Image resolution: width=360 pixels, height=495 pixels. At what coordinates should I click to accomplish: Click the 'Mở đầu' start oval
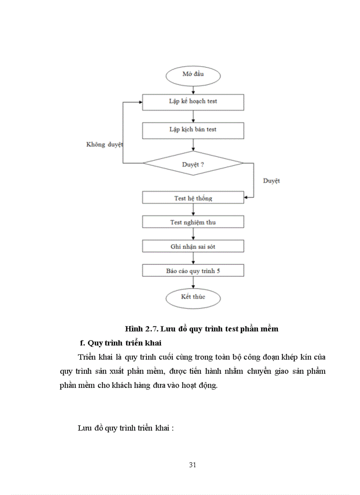point(193,74)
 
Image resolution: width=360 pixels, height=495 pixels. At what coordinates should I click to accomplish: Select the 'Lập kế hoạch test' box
point(193,101)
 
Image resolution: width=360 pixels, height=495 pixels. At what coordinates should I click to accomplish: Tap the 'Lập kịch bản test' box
point(193,130)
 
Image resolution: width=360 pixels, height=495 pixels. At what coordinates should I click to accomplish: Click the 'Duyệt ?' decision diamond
point(193,164)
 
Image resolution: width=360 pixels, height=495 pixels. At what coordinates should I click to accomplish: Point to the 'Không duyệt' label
point(104,145)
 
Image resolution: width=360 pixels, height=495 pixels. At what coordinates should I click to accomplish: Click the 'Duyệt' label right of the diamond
point(271,181)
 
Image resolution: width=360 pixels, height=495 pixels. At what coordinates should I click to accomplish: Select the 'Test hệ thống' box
point(193,198)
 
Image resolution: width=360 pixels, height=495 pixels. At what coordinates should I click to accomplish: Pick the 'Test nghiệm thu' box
point(193,222)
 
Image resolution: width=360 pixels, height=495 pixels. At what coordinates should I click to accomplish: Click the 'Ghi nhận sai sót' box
point(193,246)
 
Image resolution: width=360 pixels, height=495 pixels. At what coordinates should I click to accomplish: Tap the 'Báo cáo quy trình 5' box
point(193,271)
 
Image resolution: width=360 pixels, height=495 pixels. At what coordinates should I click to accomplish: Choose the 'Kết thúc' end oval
point(193,297)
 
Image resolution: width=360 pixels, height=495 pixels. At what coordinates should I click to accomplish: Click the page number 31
point(192,465)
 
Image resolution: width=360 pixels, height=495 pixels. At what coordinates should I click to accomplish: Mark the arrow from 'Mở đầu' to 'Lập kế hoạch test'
point(193,89)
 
